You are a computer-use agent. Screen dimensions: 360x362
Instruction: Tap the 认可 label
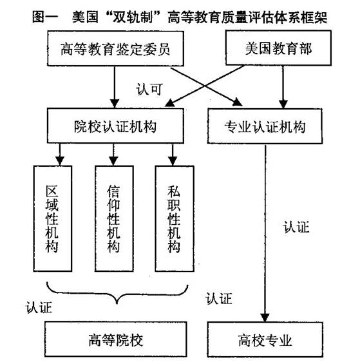coord(149,90)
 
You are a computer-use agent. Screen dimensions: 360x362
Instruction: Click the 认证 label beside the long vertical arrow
coord(296,227)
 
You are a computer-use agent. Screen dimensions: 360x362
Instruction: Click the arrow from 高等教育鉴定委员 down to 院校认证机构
coord(115,87)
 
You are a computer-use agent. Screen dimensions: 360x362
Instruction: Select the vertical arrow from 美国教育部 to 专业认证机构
coord(283,87)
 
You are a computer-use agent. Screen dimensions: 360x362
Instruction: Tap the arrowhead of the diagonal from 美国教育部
coord(170,103)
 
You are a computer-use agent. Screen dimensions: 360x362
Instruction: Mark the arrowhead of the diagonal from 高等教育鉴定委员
coord(238,102)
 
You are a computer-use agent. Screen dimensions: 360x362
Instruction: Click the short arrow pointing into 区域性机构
coord(60,155)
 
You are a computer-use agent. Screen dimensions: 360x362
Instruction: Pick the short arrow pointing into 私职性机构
coord(173,155)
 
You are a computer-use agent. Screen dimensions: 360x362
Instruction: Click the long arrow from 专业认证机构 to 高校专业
coord(265,233)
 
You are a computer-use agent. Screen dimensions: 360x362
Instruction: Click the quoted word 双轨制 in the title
coord(133,17)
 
